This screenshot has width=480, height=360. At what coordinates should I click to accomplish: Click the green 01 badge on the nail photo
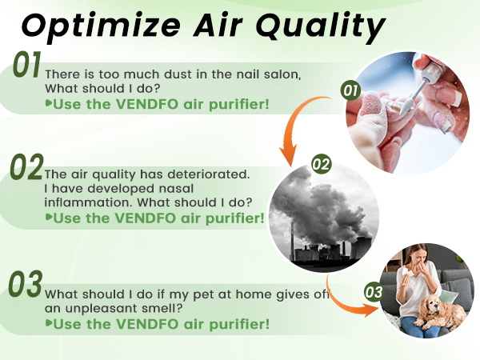pos(350,90)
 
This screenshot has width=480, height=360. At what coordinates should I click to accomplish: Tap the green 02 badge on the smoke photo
pos(321,165)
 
